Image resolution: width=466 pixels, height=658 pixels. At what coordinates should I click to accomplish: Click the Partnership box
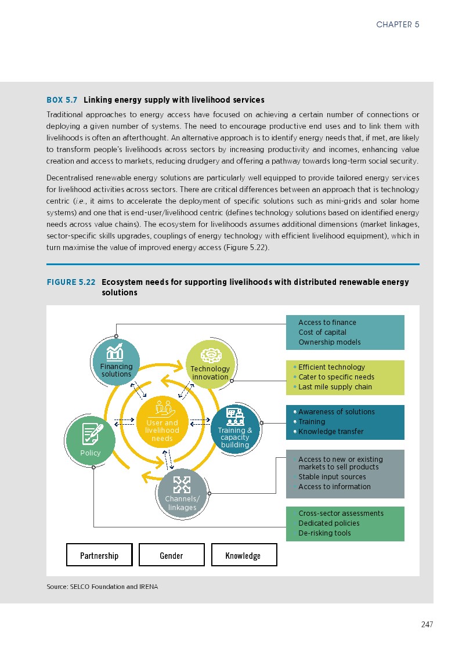(99, 555)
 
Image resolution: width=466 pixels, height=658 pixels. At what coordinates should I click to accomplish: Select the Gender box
(171, 555)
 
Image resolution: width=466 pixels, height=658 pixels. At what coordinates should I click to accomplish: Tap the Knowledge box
(243, 555)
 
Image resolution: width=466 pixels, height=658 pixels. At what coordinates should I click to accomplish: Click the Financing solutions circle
(116, 361)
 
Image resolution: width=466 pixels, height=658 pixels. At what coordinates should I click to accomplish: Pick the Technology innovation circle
(210, 365)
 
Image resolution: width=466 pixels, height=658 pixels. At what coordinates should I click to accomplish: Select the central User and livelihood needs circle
(162, 422)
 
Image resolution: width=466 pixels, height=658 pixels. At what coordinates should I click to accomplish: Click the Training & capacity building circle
(235, 428)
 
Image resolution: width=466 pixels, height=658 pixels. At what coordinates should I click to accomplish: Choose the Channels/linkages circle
(182, 493)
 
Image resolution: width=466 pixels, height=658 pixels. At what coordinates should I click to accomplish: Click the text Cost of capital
(322, 332)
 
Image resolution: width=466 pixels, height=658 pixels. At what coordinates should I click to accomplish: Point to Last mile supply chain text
(335, 387)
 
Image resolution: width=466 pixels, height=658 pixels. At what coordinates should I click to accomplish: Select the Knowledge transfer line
(331, 432)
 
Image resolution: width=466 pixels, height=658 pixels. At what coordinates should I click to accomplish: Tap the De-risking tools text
(324, 533)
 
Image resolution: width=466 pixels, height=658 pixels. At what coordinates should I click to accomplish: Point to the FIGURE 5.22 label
(71, 283)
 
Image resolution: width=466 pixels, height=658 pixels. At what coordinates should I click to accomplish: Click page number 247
(427, 624)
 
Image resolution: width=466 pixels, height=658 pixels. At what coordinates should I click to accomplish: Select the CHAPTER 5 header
(398, 24)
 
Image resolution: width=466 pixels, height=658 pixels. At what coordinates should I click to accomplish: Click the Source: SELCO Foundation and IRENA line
(102, 587)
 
